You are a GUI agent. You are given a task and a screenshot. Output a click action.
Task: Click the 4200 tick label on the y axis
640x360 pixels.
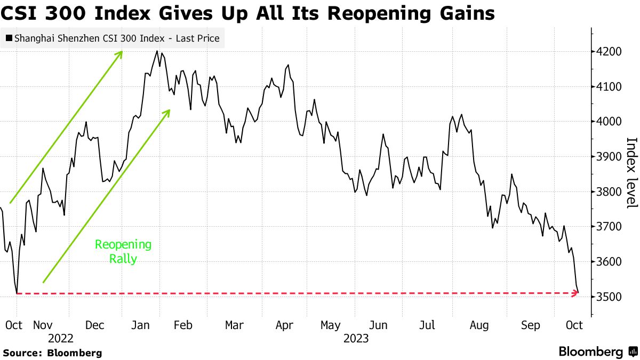610,52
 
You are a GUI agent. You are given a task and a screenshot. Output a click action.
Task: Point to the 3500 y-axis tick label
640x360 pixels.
610,297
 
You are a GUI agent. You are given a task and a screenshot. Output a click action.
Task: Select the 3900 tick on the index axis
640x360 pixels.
610,157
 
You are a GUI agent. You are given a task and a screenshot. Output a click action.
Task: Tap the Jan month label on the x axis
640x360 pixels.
141,325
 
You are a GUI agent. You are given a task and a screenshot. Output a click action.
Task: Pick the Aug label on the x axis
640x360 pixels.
479,325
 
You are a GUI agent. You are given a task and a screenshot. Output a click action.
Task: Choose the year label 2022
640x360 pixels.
60,338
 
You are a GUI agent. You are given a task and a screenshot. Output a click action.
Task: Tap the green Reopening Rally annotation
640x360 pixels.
123,252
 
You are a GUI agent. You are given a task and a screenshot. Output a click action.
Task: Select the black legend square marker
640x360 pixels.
9,38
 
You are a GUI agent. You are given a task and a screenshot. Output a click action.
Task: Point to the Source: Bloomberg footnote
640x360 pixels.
52,353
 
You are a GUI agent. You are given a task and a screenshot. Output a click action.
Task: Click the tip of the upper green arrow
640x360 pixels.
123,51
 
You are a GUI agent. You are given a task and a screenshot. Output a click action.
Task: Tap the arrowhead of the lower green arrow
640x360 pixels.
170,110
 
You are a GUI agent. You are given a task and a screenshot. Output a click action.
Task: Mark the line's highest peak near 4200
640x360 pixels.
157,51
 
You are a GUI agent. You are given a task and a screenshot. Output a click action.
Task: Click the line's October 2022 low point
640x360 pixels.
17,293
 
